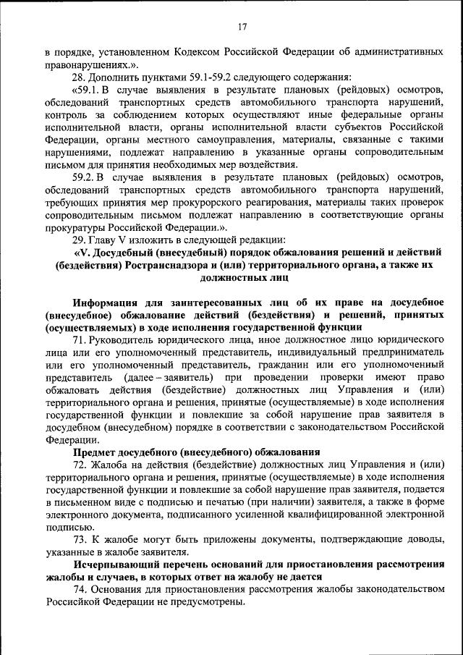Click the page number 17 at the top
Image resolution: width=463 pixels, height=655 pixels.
242,28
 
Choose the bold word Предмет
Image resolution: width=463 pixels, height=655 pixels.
92,452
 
